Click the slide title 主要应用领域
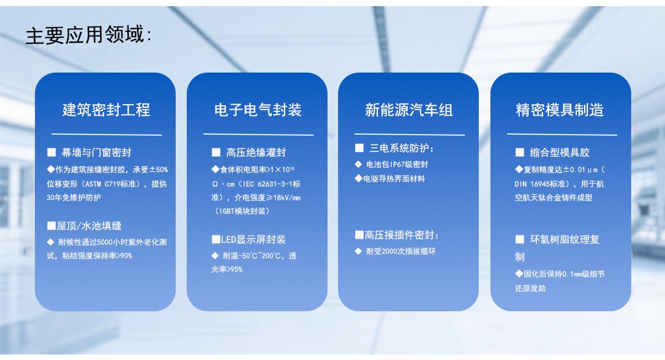point(85,35)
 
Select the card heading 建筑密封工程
point(106,110)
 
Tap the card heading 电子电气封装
point(258,110)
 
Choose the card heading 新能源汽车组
point(409,110)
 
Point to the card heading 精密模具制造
point(560,110)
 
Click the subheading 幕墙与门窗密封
point(96,152)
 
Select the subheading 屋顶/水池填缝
point(89,226)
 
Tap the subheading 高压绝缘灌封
point(256,152)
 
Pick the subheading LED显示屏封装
point(253,239)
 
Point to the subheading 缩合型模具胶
point(560,152)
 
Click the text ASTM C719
point(103,184)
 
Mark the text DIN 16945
point(533,184)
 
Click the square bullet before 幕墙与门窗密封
point(52,152)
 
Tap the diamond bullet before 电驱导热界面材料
point(359,179)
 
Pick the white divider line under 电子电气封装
point(258,135)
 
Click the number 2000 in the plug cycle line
point(388,251)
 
